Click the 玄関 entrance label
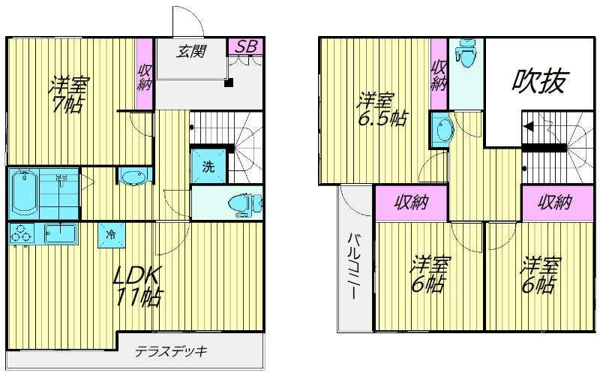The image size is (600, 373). (x=191, y=50)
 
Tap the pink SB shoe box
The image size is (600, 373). (x=246, y=47)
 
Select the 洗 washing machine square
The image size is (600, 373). (x=209, y=166)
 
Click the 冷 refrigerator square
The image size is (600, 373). (x=111, y=235)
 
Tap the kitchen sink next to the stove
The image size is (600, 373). (x=61, y=233)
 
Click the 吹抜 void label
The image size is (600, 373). (x=538, y=81)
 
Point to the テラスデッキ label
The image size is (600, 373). (x=172, y=350)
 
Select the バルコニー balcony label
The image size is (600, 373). (x=354, y=266)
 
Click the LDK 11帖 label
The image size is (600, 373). (x=138, y=286)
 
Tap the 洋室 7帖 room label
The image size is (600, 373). (x=69, y=95)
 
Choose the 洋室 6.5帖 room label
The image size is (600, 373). (x=381, y=110)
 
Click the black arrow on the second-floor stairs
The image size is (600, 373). (x=529, y=126)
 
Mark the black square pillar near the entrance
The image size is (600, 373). (x=229, y=83)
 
